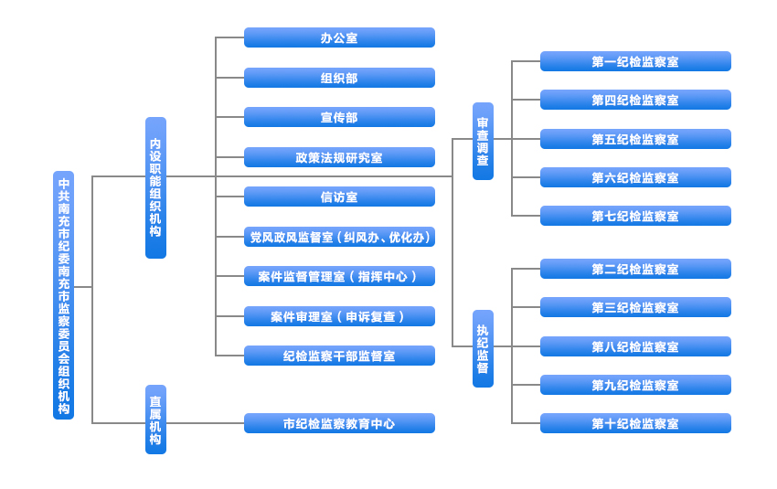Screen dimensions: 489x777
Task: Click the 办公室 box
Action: (x=339, y=37)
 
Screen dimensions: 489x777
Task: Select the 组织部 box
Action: (x=339, y=78)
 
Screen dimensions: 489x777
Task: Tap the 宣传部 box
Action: (x=339, y=117)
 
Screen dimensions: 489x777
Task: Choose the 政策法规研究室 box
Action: (x=339, y=157)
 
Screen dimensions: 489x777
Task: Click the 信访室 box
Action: (x=339, y=197)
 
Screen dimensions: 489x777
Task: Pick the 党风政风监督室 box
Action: (x=339, y=237)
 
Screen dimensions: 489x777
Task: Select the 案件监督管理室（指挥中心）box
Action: (x=339, y=276)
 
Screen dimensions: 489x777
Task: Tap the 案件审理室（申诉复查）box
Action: (x=339, y=316)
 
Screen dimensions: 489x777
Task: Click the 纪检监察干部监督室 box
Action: (x=339, y=356)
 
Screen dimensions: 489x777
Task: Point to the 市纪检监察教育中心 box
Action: (x=339, y=423)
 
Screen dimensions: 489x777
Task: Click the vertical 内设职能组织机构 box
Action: (x=155, y=187)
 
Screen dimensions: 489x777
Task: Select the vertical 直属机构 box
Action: (x=155, y=420)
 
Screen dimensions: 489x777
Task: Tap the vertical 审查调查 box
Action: (x=483, y=141)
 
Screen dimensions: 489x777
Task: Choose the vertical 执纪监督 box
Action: (x=483, y=348)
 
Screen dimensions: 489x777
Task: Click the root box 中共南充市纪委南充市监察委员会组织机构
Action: (x=63, y=294)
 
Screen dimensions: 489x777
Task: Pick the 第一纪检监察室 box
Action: (x=635, y=61)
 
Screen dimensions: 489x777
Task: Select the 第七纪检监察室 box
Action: (x=635, y=216)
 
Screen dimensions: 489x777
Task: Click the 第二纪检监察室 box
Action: (x=635, y=269)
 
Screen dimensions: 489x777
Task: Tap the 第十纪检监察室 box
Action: (x=635, y=423)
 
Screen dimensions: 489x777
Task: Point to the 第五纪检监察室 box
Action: (x=635, y=139)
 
